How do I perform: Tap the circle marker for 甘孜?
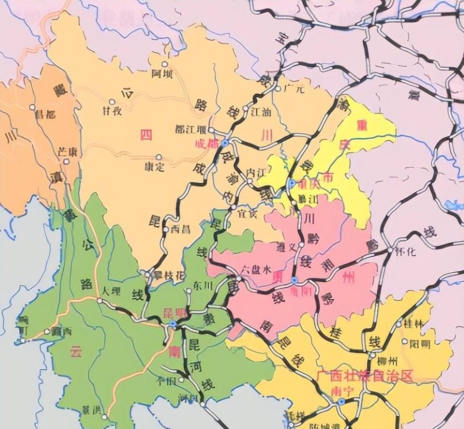(x=112, y=101)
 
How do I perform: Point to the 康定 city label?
(x=155, y=167)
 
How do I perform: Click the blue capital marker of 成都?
(x=225, y=142)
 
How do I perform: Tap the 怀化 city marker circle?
(x=390, y=250)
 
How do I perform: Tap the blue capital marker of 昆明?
(x=173, y=323)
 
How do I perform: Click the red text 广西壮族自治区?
(x=364, y=376)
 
